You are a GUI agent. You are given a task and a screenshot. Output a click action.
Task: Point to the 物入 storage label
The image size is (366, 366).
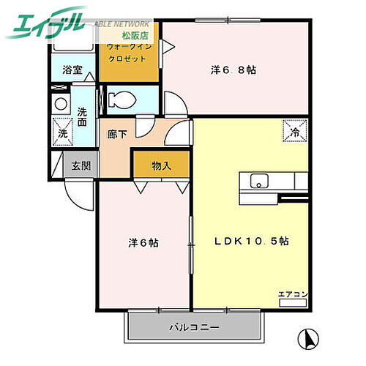click(x=161, y=166)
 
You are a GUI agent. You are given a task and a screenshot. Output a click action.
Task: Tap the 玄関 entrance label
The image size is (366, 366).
click(x=81, y=166)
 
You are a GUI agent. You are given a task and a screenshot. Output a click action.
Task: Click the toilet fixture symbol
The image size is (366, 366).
click(x=120, y=98)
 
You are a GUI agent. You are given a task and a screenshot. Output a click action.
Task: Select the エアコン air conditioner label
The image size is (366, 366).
click(x=293, y=294)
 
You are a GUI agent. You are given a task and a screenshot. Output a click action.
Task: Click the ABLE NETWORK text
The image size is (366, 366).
click(x=122, y=23)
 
